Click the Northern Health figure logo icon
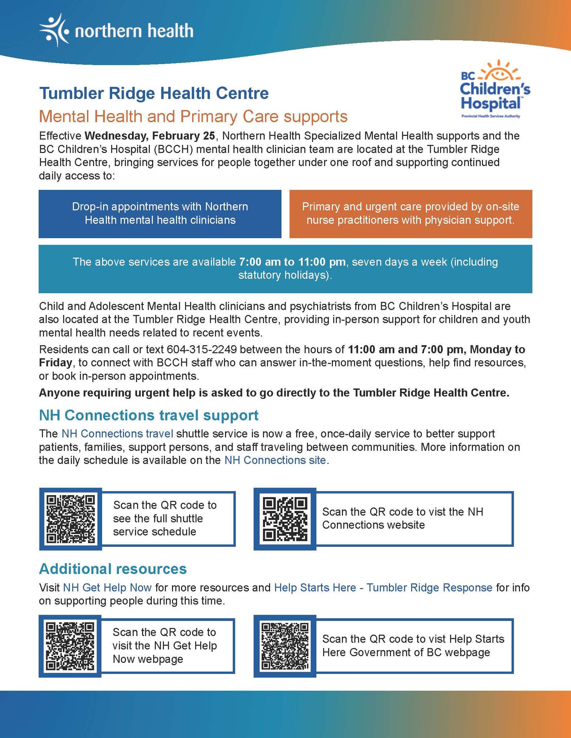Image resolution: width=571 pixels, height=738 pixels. [x=54, y=30]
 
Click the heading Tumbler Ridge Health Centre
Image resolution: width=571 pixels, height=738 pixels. [x=154, y=93]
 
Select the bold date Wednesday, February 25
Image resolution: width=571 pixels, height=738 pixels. [x=150, y=136]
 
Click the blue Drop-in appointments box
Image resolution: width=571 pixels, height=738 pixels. [x=160, y=214]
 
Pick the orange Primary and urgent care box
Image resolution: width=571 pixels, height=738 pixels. [x=410, y=214]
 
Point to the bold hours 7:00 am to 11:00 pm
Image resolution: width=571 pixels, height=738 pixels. [x=292, y=262]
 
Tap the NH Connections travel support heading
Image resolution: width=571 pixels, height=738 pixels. [x=149, y=415]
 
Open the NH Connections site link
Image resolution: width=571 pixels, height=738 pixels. [x=275, y=460]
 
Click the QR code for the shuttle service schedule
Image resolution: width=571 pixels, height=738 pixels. [x=71, y=519]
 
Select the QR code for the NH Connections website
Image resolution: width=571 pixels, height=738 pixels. [x=285, y=519]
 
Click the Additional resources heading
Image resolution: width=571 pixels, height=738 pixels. [x=113, y=569]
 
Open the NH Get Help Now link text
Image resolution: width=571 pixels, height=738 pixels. [x=107, y=588]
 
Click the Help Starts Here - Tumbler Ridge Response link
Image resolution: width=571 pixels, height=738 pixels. [x=383, y=588]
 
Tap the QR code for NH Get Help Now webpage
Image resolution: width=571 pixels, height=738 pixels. [x=71, y=646]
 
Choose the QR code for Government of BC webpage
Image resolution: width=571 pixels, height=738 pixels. [x=285, y=646]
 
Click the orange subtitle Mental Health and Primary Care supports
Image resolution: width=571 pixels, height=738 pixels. [x=193, y=116]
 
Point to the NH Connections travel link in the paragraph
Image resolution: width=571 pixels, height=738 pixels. [x=117, y=434]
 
